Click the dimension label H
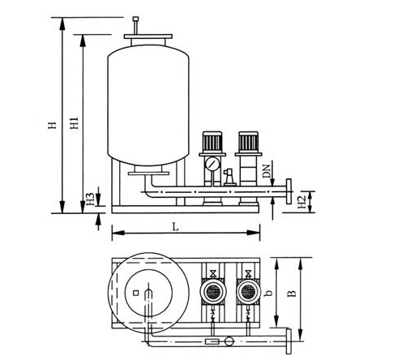(x=53, y=125)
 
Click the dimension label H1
(x=74, y=123)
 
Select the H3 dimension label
(x=90, y=199)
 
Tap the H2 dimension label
(x=301, y=202)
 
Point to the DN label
(x=267, y=171)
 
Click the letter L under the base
(x=176, y=227)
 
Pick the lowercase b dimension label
(x=268, y=293)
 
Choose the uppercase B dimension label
(x=292, y=294)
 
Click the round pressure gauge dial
(x=212, y=164)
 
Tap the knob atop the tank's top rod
(x=135, y=19)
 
